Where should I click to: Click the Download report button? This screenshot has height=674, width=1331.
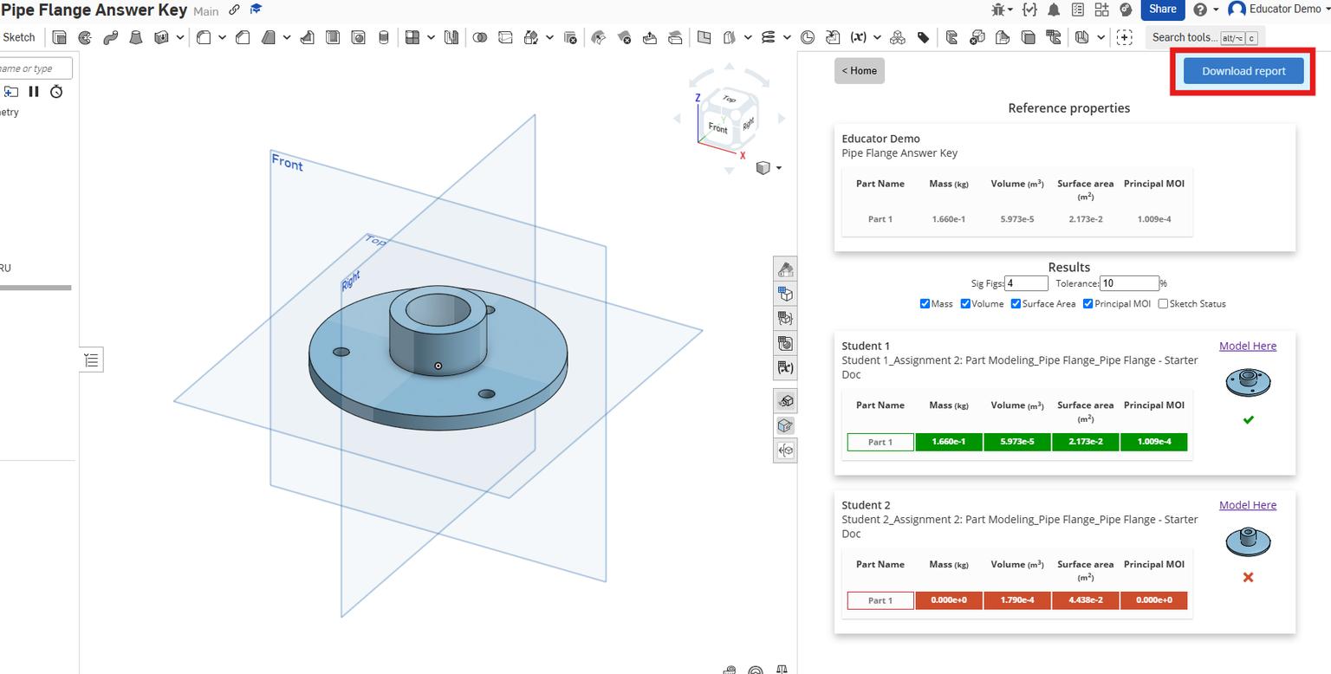pos(1243,71)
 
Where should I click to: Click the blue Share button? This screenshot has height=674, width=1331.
pos(1162,10)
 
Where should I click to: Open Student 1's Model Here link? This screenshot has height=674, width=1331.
pos(1247,346)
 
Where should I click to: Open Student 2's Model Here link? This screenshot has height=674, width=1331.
pos(1247,505)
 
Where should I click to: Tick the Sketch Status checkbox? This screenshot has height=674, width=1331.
pos(1163,304)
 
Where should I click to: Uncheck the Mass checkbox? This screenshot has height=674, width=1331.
pos(925,304)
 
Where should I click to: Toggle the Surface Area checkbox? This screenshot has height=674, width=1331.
pos(1016,304)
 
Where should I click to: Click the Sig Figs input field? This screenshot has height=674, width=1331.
pos(1026,283)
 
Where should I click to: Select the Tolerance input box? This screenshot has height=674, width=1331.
pos(1128,283)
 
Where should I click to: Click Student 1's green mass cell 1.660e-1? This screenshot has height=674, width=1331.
pos(948,442)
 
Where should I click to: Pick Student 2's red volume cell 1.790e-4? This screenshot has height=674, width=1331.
pos(1016,600)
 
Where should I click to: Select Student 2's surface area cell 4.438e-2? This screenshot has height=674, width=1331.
pos(1085,600)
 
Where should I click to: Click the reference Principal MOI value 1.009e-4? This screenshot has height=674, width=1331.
pos(1153,219)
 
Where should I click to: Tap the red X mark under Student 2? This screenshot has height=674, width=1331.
pos(1248,577)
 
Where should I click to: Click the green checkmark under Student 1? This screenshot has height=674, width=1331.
pos(1248,420)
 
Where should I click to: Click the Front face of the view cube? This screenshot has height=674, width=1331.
pos(717,128)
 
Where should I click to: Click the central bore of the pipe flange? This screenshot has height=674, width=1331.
pos(438,309)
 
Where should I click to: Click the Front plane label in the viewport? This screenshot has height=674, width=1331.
pos(287,162)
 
